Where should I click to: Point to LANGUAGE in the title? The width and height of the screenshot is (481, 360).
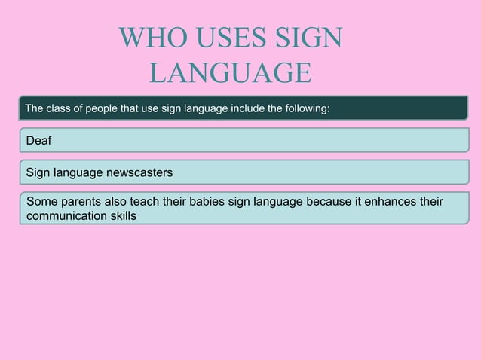[230, 73]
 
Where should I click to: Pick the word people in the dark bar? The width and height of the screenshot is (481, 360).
[108, 109]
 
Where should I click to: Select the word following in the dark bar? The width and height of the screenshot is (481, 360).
[307, 109]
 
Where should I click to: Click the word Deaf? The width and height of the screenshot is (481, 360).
[39, 141]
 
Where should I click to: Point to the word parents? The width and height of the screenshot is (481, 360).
[84, 203]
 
